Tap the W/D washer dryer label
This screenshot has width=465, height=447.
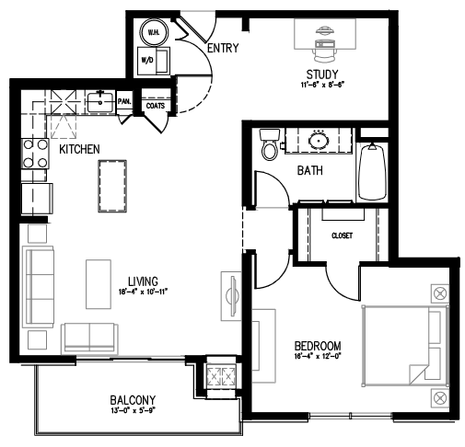146,60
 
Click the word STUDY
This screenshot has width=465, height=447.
323,74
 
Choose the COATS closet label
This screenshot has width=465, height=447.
154,106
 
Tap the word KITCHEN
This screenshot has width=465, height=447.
80,148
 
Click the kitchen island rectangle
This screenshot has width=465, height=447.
113,185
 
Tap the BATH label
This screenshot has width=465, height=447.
309,171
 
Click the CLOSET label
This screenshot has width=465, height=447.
343,235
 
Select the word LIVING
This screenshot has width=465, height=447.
146,281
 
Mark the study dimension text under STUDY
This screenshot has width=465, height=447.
323,85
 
